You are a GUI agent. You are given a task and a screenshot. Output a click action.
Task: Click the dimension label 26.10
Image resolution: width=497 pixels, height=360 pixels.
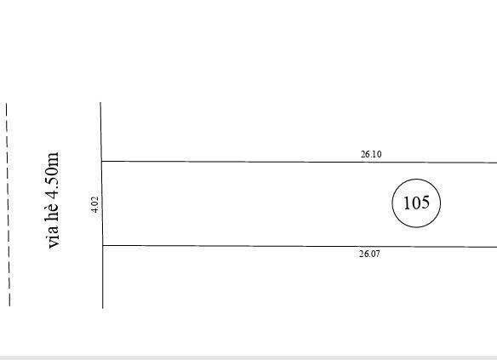(x=371, y=154)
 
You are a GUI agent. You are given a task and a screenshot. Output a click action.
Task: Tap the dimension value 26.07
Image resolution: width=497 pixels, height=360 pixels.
(x=369, y=254)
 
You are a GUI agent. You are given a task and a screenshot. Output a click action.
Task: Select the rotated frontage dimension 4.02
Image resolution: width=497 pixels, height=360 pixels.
(x=95, y=205)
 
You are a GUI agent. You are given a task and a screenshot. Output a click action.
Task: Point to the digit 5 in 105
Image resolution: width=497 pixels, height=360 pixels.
(x=425, y=203)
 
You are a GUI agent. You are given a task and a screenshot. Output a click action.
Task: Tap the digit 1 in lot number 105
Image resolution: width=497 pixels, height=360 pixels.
(x=406, y=203)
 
